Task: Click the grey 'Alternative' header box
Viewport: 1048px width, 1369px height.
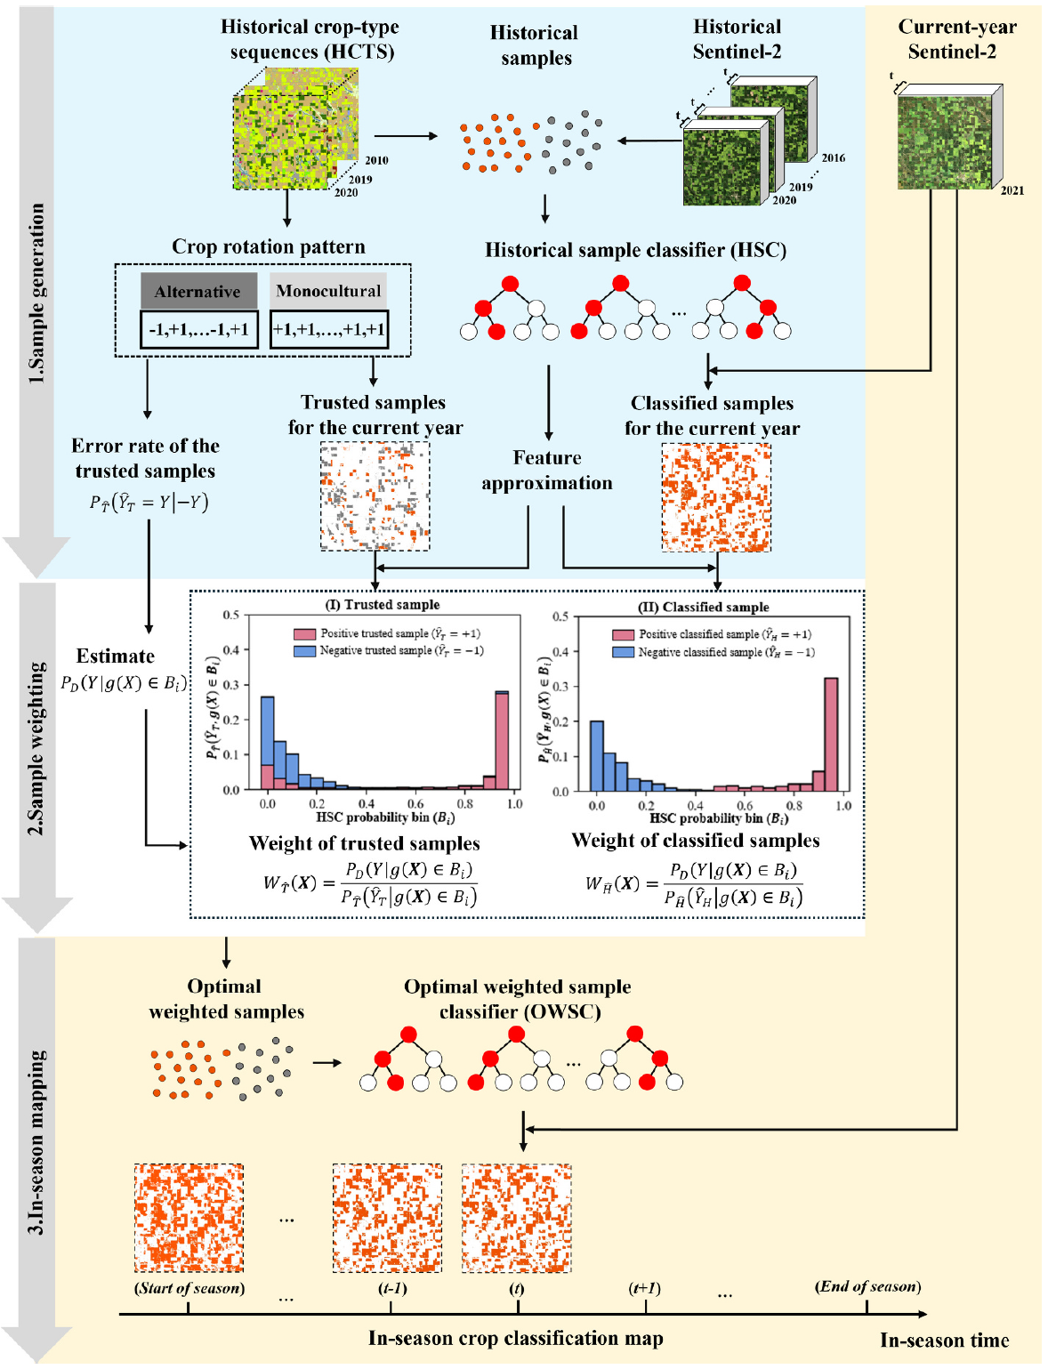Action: [x=198, y=291]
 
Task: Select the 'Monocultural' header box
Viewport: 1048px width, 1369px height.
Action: [x=328, y=291]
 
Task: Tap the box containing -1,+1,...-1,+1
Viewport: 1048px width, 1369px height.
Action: [x=199, y=330]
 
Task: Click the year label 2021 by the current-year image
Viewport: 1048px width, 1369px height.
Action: [x=1012, y=190]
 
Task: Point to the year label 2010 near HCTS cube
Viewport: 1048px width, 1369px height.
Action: [x=376, y=161]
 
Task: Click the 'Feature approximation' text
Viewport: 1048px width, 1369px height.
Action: [x=547, y=470]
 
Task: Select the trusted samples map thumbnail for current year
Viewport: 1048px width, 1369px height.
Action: [x=375, y=496]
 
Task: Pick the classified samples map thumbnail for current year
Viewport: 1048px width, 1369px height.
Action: [x=716, y=498]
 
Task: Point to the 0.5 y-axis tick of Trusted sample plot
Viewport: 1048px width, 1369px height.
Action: [x=231, y=615]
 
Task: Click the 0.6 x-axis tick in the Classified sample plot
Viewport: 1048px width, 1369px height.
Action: [x=745, y=806]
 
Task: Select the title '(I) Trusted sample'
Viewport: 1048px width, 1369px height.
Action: [x=383, y=605]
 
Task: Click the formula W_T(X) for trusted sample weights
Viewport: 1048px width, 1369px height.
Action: [x=370, y=883]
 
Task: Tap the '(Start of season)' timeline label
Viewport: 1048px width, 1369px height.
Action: [x=189, y=1288]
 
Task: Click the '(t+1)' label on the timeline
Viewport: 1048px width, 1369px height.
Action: [x=645, y=1288]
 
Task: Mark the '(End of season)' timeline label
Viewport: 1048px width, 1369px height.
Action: [x=867, y=1286]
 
